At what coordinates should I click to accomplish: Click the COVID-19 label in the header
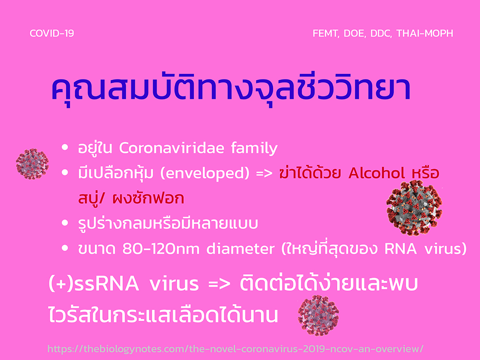click(52, 33)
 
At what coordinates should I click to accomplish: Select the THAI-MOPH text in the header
click(425, 33)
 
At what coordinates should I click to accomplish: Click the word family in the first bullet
click(254, 148)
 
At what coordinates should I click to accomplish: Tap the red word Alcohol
click(376, 173)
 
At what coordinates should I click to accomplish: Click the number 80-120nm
click(161, 249)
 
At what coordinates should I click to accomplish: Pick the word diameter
click(240, 249)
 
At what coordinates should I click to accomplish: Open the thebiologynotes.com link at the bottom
click(235, 348)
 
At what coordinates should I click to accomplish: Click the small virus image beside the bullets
click(32, 164)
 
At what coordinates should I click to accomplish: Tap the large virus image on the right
click(414, 208)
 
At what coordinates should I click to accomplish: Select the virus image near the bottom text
click(318, 315)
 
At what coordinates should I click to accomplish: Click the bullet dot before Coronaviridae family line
click(65, 147)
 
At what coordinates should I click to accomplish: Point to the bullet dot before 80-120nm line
click(65, 248)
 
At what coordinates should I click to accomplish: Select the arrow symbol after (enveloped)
click(264, 174)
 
